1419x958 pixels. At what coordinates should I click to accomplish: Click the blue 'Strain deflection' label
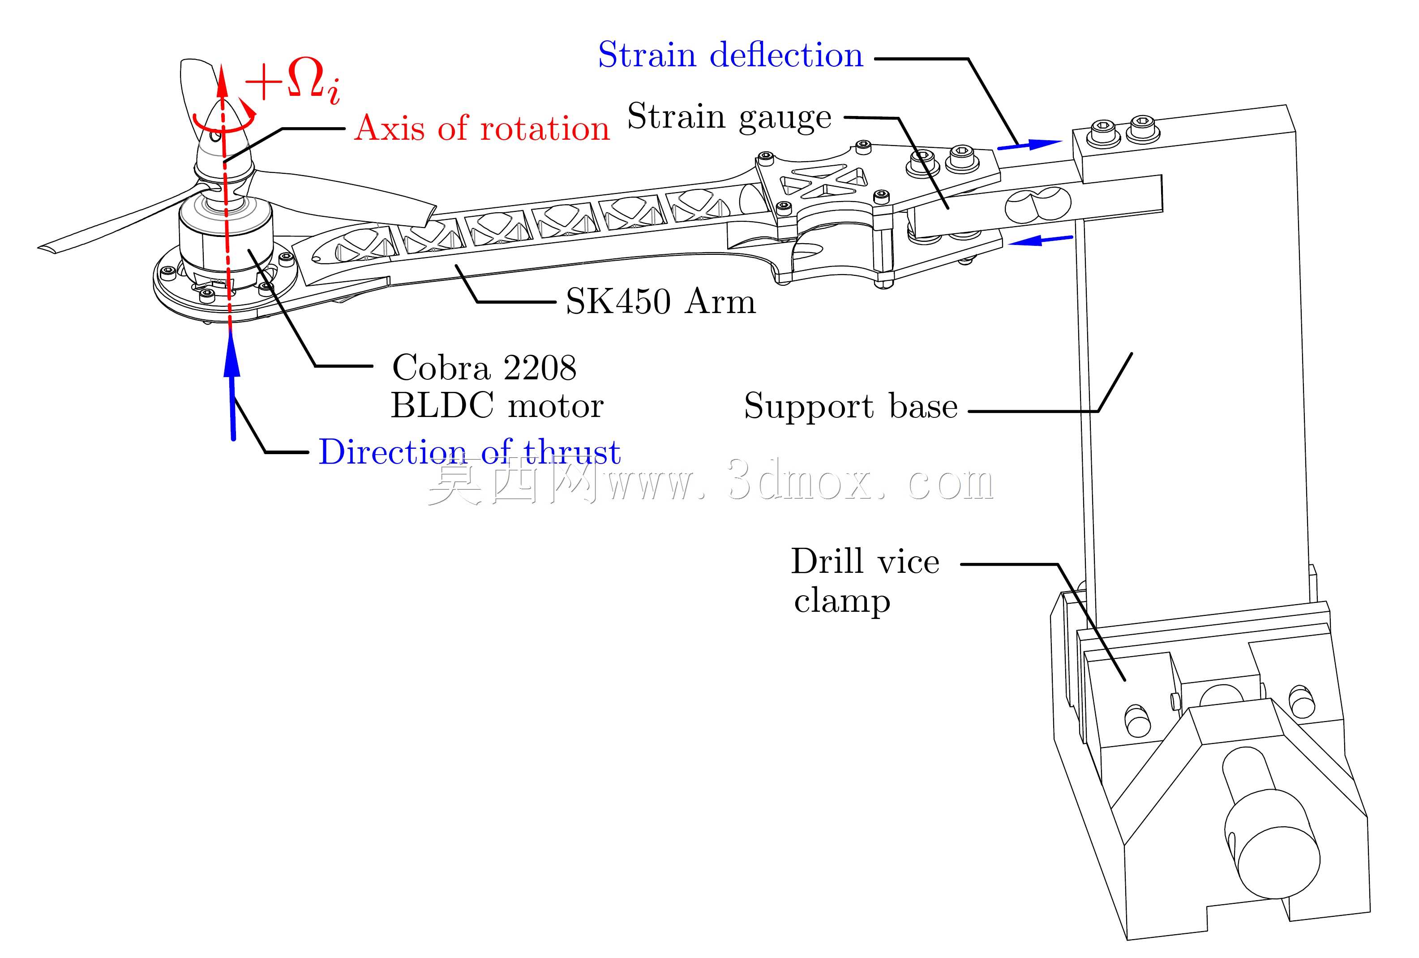(x=730, y=56)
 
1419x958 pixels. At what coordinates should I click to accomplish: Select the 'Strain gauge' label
(x=729, y=117)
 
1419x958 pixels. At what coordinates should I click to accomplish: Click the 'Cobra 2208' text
(x=484, y=368)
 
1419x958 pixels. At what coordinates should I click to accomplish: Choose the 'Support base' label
(x=850, y=406)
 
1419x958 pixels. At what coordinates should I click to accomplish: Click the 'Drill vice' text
(x=865, y=561)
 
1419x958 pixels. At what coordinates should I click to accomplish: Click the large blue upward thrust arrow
(x=231, y=385)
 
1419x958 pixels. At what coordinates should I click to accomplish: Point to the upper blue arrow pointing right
(x=1030, y=145)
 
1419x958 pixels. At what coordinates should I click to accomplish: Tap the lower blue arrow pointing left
(x=1041, y=240)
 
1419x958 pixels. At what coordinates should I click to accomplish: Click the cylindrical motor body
(x=226, y=244)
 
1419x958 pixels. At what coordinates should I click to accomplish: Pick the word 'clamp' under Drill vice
(x=842, y=601)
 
